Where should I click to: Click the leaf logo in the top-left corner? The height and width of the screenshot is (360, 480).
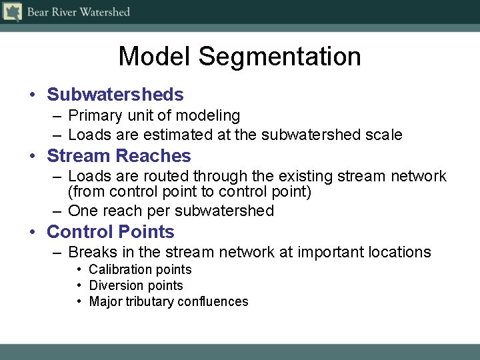(12, 12)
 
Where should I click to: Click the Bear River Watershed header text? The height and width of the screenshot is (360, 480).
(78, 12)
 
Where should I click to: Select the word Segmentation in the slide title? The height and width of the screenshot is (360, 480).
(279, 57)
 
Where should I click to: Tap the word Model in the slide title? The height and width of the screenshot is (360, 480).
(155, 57)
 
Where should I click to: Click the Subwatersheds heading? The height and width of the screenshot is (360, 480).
(115, 95)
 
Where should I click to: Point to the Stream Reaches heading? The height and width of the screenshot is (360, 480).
(119, 156)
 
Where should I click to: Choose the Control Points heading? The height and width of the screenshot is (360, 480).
(110, 232)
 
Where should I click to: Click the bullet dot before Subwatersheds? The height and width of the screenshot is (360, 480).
(32, 95)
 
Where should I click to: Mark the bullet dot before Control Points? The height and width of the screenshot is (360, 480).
(32, 233)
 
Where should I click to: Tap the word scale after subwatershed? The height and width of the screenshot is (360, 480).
(384, 135)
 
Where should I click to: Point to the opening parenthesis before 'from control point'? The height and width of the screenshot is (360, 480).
(71, 193)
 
